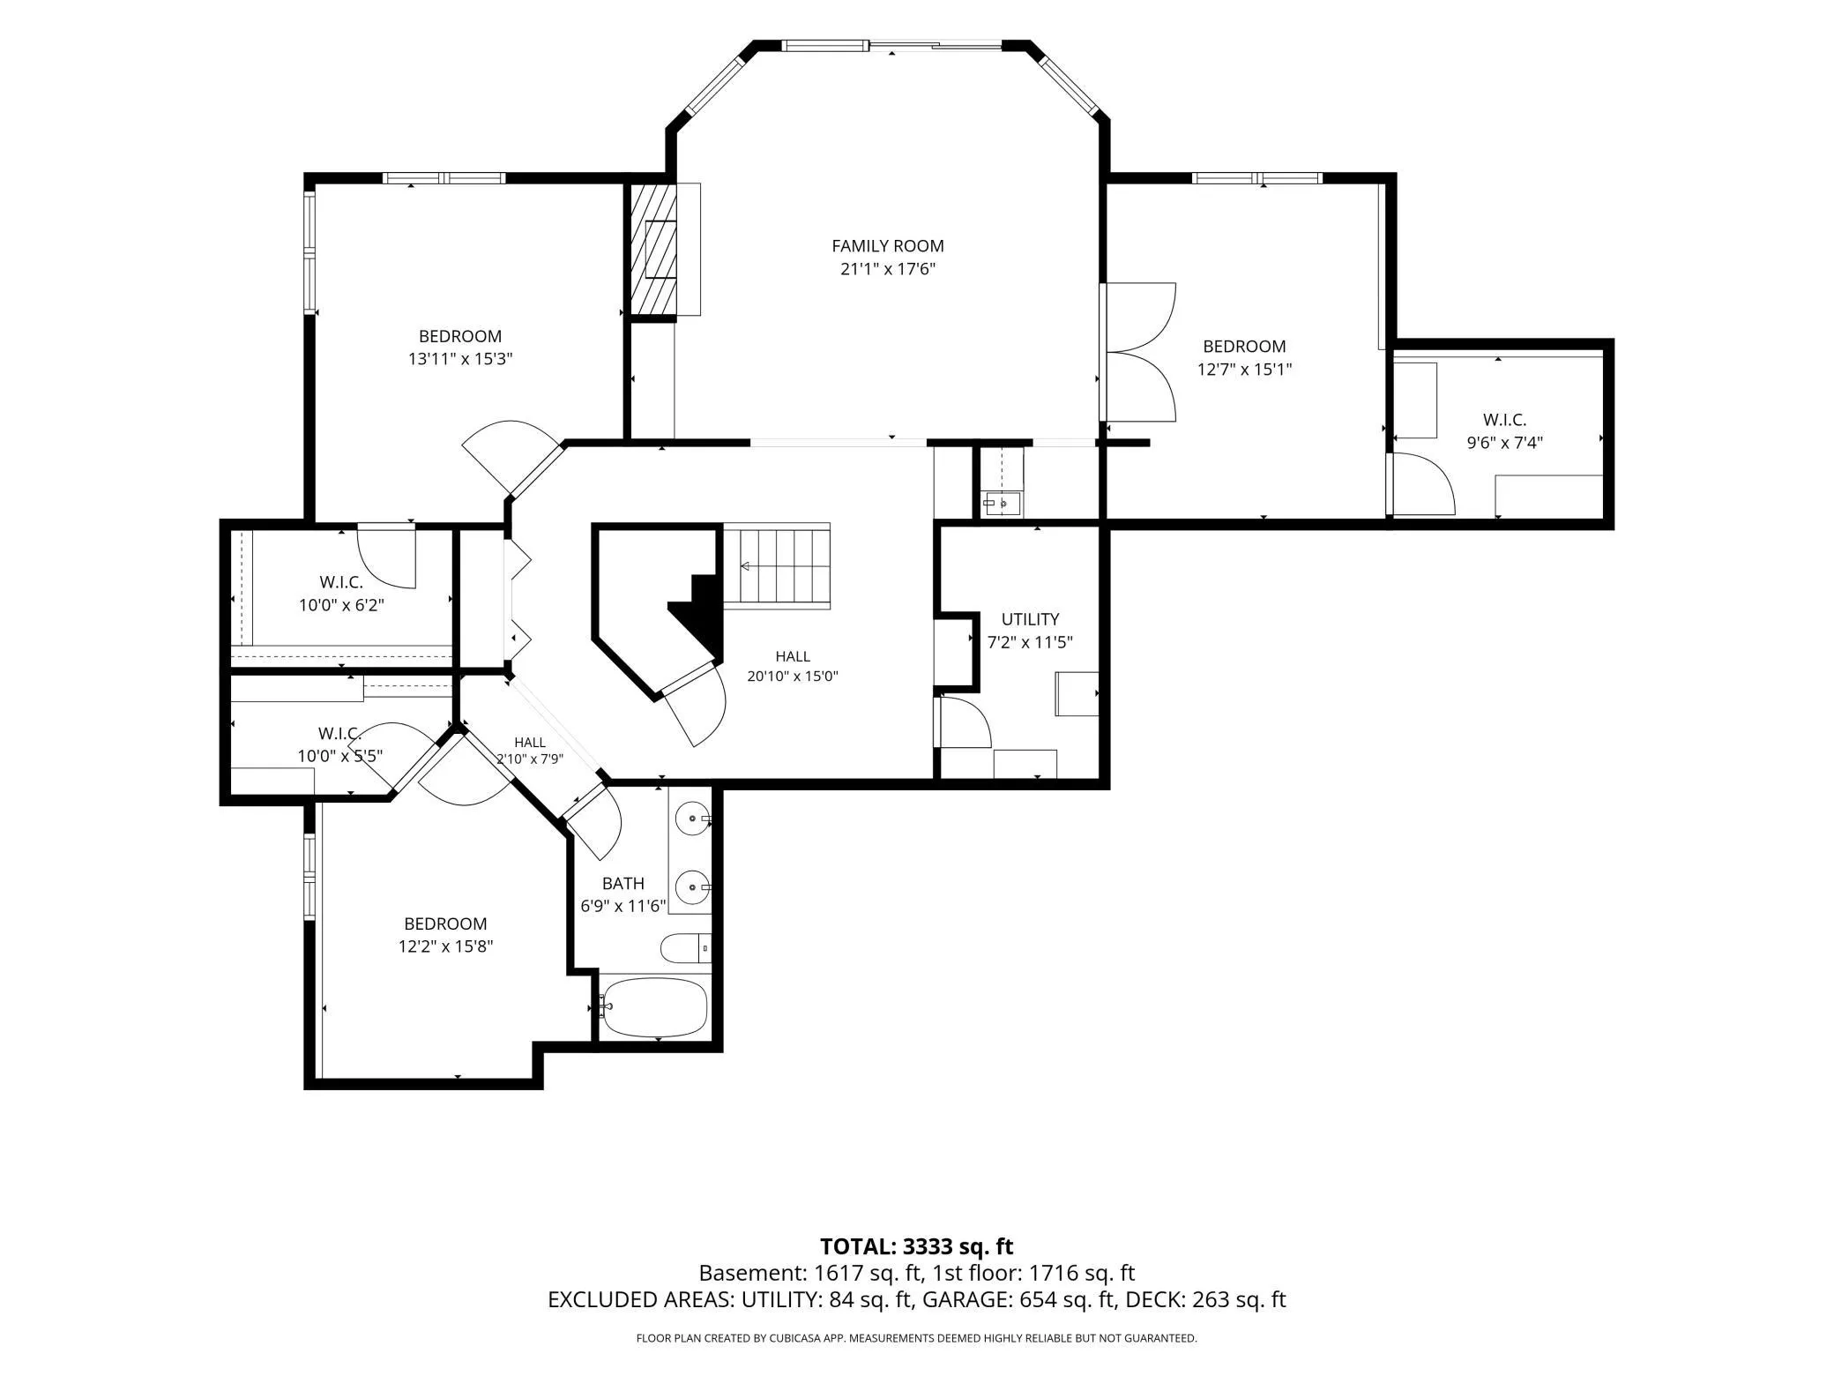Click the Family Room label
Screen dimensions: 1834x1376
pos(887,246)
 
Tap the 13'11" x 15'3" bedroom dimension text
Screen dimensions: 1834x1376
pos(460,359)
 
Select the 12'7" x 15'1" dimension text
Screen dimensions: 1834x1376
pos(1244,370)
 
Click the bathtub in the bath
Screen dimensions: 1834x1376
pos(654,1006)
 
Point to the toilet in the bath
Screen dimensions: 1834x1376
pos(685,948)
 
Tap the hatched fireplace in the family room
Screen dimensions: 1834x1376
pos(653,249)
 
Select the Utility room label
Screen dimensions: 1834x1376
pos(1030,619)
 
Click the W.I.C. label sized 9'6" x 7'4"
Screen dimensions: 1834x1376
pos(1504,420)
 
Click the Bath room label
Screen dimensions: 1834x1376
pos(623,883)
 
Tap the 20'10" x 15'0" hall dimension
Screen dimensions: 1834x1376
pos(793,677)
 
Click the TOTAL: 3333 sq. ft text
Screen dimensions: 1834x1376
pos(916,1246)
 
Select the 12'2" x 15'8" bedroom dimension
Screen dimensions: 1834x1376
pos(445,946)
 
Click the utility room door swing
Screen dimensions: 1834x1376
pos(965,722)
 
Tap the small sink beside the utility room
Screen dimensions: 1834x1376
pos(1001,504)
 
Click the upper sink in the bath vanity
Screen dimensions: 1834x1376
pos(693,819)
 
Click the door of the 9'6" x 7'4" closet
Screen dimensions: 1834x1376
pos(1420,483)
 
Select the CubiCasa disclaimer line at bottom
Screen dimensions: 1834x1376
pos(916,1338)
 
